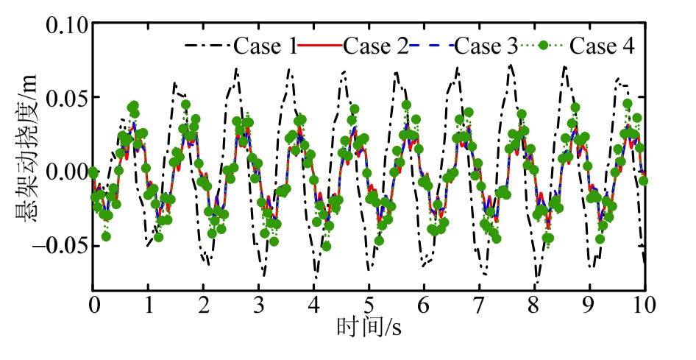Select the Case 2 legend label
click(x=376, y=46)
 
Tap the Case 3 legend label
click(x=486, y=46)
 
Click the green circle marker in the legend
click(x=544, y=46)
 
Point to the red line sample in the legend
click(x=320, y=46)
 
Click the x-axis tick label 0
click(x=93, y=305)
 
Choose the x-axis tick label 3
click(x=259, y=305)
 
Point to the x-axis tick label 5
click(x=369, y=305)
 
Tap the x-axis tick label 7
click(x=480, y=305)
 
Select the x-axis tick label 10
click(x=644, y=305)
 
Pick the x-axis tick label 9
click(x=590, y=305)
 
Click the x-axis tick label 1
click(x=149, y=305)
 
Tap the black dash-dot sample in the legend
click(x=207, y=46)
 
